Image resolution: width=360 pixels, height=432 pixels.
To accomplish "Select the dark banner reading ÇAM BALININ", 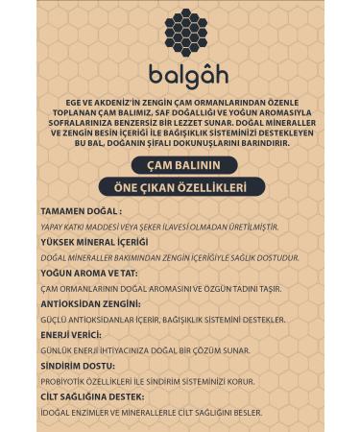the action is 180,163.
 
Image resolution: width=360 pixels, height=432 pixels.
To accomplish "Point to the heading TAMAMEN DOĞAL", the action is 81,210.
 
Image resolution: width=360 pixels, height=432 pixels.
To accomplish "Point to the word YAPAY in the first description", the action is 52,227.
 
